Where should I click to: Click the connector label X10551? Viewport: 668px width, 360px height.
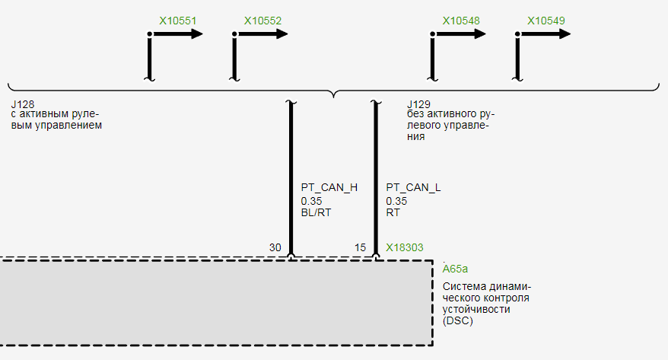click(x=177, y=21)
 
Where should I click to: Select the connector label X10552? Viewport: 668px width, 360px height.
click(x=262, y=21)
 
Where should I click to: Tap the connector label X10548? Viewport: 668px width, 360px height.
click(x=461, y=21)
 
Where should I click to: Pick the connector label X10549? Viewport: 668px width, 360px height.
click(x=546, y=21)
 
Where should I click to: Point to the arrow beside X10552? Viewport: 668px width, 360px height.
click(x=261, y=34)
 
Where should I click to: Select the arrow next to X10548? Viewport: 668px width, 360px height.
click(x=460, y=34)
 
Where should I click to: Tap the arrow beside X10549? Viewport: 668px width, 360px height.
click(x=545, y=34)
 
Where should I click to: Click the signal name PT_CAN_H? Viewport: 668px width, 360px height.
click(x=329, y=187)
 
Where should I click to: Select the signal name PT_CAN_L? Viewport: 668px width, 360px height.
click(x=413, y=187)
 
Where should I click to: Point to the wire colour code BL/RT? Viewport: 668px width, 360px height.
click(x=316, y=212)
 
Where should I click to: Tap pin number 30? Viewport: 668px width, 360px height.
click(x=275, y=247)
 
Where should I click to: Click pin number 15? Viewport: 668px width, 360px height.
click(x=360, y=247)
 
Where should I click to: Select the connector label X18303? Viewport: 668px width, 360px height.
click(x=405, y=247)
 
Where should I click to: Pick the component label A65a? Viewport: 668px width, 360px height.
click(x=455, y=269)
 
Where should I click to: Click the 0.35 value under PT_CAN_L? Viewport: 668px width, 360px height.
click(x=396, y=201)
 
